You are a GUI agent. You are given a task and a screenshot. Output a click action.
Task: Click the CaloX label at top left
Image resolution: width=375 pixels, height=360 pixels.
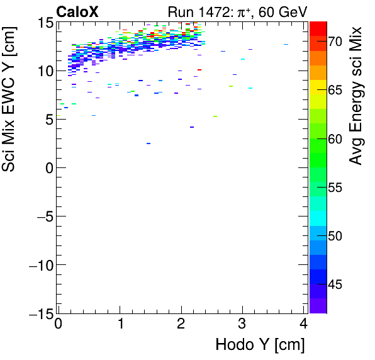coord(77,11)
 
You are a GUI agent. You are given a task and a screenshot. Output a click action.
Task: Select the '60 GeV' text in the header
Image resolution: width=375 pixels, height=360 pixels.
coord(279,11)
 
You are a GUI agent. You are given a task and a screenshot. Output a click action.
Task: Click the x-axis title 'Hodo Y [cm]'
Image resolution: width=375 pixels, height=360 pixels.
coord(260,345)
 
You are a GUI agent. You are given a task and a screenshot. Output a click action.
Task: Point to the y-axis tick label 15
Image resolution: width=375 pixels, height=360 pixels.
coord(42,23)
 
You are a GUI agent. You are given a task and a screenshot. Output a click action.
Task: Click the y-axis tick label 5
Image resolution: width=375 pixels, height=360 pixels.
coord(47,120)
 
